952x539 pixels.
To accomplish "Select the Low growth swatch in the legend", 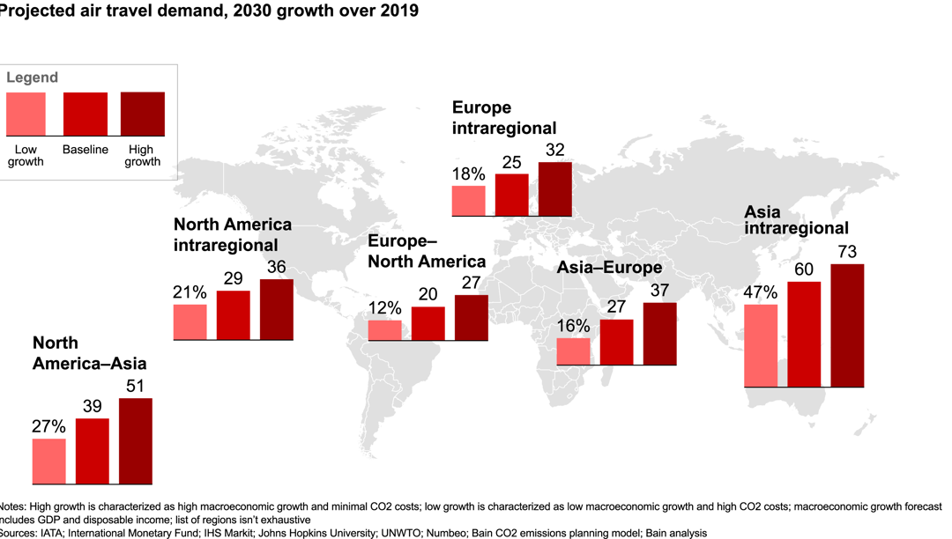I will coord(26,114).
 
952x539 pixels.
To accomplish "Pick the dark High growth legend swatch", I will coord(142,114).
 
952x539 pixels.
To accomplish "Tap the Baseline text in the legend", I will coord(86,150).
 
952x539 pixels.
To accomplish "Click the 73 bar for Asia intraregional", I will coord(847,325).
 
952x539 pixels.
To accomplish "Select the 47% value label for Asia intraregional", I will coord(760,292).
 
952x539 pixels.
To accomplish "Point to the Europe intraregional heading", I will coord(504,118).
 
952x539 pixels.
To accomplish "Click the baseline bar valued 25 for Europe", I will coord(512,195).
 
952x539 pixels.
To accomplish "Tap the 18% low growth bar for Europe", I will coord(468,201).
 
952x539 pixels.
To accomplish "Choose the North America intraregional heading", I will coord(233,234).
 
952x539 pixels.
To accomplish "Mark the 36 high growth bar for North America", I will coord(277,309).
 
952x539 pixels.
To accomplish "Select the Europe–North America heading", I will coord(427,251).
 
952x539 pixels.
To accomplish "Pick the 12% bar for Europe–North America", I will coord(384,329).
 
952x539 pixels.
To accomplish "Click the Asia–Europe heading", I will coord(609,269).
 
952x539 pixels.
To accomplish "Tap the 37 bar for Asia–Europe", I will coord(660,333).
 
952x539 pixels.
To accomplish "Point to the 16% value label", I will coord(573,326).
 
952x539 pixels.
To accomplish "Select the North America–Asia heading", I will coord(89,353).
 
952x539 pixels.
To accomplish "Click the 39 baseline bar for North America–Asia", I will coord(93,451).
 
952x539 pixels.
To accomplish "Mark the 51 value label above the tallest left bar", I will coord(136,387).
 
